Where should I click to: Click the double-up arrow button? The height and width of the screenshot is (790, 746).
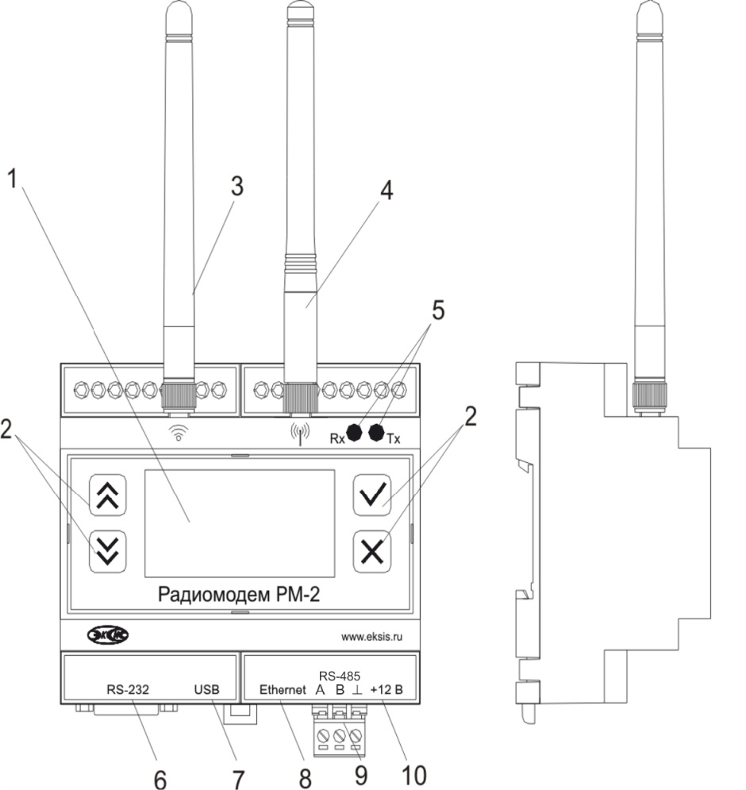pos(108,495)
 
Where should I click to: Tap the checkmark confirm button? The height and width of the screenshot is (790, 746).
pos(372,495)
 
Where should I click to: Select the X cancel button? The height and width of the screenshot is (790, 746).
pos(372,551)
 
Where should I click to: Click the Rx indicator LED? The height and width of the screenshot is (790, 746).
pos(355,432)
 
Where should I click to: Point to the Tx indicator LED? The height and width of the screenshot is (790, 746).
pos(377,432)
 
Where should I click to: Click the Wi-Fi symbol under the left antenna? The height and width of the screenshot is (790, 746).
pos(179,433)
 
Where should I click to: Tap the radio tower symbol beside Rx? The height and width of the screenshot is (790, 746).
pos(300,434)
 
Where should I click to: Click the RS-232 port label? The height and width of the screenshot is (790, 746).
pos(128,689)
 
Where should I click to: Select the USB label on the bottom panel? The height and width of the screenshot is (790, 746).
pos(207,689)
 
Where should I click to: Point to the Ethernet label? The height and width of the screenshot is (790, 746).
pos(283,689)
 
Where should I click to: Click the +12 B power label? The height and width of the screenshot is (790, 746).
pos(386,690)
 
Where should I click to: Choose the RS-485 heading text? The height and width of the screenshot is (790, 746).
pos(340,676)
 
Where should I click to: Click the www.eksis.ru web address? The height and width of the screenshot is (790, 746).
pos(371,637)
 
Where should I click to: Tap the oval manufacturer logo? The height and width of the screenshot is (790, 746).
pos(108,635)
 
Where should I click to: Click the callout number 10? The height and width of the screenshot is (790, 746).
pos(414,775)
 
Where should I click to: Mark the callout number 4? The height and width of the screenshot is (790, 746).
pos(386,191)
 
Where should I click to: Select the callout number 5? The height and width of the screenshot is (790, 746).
pos(438,310)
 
